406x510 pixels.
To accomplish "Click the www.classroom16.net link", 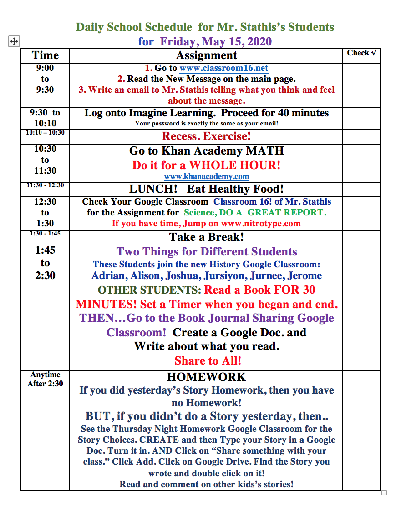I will coord(223,68).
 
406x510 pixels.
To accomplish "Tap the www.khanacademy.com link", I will coord(207,176).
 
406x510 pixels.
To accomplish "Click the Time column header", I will coord(45,55).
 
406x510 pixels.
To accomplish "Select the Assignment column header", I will coord(207,55).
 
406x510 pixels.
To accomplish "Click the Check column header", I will coord(361,53).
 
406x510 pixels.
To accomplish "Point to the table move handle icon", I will coord(14,42).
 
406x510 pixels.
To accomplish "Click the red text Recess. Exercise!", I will coord(207,136).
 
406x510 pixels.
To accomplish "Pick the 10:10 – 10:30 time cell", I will coord(45,133).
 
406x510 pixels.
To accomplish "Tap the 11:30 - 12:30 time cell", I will coord(45,185).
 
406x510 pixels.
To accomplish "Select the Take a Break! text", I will coord(207,237).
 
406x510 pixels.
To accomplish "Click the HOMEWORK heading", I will coord(207,377).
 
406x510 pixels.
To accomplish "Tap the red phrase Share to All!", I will coord(208,361).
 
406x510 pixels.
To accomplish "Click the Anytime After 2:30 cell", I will coord(45,379).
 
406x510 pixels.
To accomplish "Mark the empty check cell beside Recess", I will coord(361,136).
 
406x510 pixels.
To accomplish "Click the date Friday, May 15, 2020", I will coord(216,42).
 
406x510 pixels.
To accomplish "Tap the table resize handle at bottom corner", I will coord(384,493).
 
